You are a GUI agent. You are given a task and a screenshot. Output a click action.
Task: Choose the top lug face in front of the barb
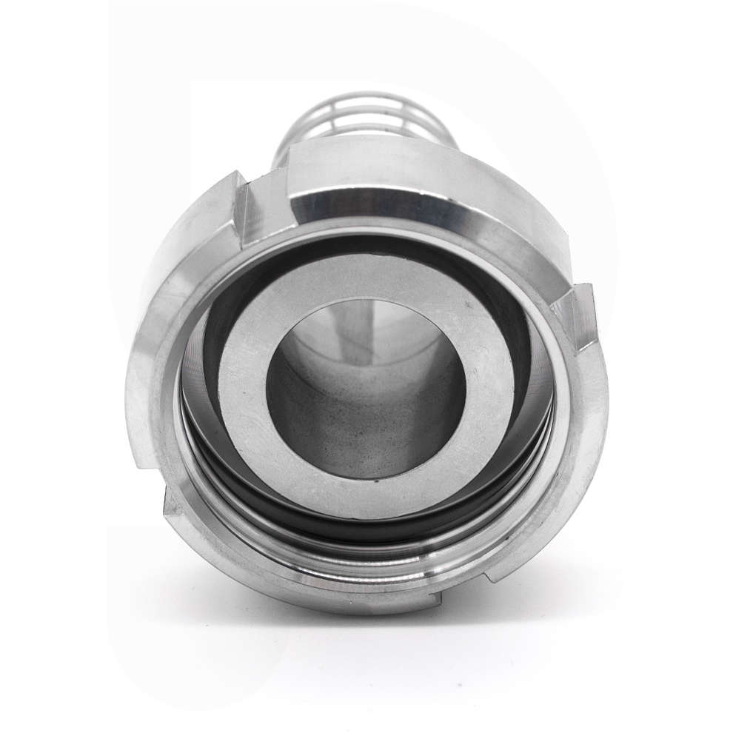tap(415, 159)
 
